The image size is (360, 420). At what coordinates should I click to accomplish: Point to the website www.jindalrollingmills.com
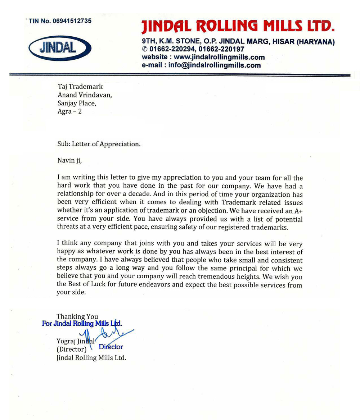(214, 57)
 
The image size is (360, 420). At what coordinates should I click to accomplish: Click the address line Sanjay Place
(77, 104)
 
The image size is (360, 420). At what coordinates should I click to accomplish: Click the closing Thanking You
(77, 316)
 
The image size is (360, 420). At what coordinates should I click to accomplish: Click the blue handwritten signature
(104, 336)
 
